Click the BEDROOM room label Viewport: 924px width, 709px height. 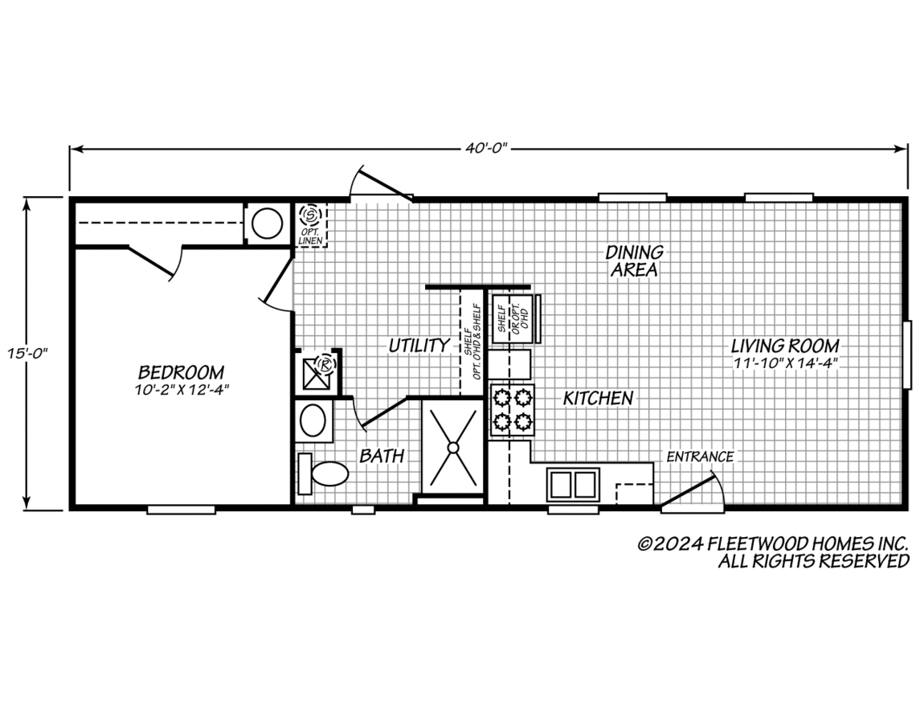click(181, 372)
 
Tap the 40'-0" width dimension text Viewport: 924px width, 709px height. click(486, 149)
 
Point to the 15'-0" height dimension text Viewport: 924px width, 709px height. click(27, 354)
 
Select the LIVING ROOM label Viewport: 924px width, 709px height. click(785, 346)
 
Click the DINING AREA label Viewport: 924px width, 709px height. click(634, 260)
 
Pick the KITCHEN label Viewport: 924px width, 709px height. click(598, 399)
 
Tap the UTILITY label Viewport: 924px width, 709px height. click(419, 346)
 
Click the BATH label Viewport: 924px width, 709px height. click(382, 456)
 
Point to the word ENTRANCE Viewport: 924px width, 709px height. click(700, 457)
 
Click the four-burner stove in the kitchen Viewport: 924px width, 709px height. click(512, 410)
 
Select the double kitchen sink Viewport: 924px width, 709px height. click(572, 485)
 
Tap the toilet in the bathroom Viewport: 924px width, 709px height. click(323, 473)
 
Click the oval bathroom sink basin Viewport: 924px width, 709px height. click(313, 420)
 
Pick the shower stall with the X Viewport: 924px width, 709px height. click(452, 447)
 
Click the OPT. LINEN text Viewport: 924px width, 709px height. click(310, 237)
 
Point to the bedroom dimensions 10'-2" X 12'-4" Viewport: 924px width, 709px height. click(181, 389)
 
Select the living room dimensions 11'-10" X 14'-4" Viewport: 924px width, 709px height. click(786, 363)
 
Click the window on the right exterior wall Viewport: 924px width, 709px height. click(907, 354)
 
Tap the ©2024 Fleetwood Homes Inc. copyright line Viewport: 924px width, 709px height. click(773, 543)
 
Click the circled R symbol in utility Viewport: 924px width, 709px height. click(325, 363)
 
